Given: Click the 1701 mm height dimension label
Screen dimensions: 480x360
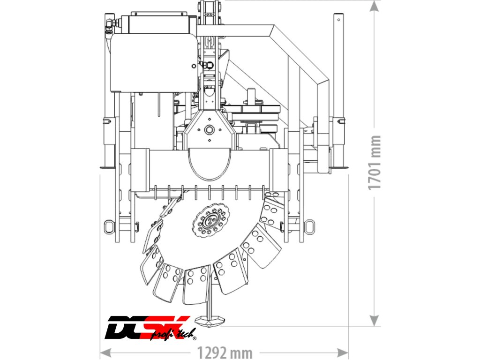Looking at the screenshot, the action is coord(375,163).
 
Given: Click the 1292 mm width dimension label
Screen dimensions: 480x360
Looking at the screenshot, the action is coord(225,352).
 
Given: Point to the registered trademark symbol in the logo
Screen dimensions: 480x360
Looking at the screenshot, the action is coord(194,338).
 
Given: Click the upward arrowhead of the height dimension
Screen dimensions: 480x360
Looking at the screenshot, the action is coord(374,6).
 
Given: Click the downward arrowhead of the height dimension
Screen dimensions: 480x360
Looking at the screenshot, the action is coord(374,321).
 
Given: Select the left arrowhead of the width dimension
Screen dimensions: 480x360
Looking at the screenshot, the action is coord(105,352).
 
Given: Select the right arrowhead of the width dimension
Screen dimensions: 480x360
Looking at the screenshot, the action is coord(343,352).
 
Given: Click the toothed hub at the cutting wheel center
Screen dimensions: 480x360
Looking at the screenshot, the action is coord(211,220).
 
